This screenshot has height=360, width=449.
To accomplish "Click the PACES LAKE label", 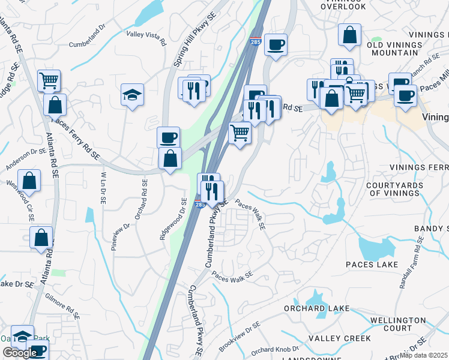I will click(372, 265).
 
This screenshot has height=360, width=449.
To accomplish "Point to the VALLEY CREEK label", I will click(339, 338).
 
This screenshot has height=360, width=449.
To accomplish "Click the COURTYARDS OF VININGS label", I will click(402, 189).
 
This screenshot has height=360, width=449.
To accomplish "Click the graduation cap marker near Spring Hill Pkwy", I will click(132, 95).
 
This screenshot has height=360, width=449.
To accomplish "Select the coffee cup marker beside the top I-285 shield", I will click(276, 44).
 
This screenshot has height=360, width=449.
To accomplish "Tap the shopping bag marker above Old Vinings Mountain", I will click(349, 35).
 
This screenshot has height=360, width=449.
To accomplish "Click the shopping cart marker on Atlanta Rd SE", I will click(49, 79).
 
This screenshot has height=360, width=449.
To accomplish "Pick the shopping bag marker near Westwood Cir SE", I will click(29, 180).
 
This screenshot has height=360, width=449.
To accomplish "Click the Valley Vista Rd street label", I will click(146, 38).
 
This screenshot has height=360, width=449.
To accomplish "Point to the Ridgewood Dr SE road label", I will click(172, 220).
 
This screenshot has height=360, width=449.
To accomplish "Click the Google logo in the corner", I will click(20, 353).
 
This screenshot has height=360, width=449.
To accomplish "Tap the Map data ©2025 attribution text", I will click(423, 355).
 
